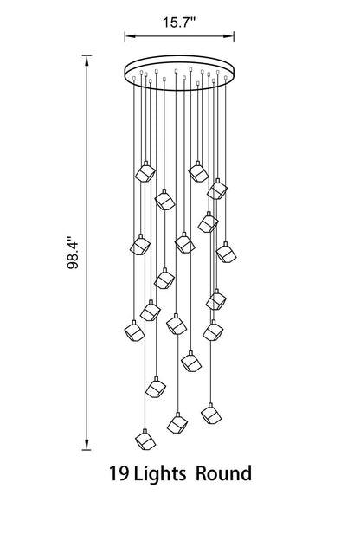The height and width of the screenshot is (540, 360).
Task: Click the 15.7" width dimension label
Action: [179, 22]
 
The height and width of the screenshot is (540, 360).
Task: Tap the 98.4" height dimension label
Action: [73, 253]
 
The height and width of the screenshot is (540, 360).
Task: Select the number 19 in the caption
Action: [119, 473]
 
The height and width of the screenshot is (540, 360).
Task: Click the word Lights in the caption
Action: [159, 474]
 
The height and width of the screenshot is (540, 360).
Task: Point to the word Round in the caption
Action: [223, 473]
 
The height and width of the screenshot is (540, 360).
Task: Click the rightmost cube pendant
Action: [227, 253]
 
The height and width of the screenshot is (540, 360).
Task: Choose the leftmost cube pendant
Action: [134, 331]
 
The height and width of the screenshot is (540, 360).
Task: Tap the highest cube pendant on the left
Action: [145, 171]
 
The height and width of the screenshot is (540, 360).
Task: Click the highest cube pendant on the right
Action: [198, 171]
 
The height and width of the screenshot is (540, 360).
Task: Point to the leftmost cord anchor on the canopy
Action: [133, 80]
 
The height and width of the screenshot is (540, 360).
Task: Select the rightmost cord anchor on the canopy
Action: [226, 78]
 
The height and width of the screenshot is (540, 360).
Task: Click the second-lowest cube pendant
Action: [177, 423]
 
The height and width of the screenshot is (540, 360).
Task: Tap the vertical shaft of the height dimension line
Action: [87, 253]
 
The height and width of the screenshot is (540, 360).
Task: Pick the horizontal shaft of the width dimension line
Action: [179, 35]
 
